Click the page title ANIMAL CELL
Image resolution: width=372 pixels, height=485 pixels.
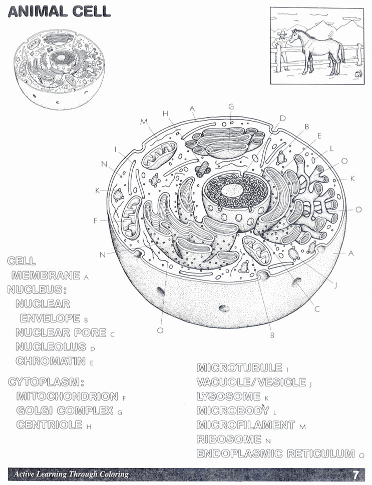coord(59,11)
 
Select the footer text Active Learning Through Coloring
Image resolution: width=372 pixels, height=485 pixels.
coord(71,474)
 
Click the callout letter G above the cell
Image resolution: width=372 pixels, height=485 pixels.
coord(231,106)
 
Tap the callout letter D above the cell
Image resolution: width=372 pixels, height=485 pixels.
coord(282,118)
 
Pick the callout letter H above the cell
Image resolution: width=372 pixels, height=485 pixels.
coord(165,113)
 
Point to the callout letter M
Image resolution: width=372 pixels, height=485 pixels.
coord(144,121)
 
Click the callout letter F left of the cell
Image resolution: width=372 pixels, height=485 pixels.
coord(95,219)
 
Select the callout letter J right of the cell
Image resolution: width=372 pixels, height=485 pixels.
coord(335,285)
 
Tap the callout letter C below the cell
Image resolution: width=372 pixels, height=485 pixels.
coord(317,309)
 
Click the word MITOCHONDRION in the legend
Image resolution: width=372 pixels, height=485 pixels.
coord(67,397)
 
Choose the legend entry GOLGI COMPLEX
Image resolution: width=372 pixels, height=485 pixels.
coord(65,411)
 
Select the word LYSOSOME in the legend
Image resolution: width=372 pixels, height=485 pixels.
coord(229,397)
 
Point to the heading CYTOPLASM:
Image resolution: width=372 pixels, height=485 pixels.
coord(46,382)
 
